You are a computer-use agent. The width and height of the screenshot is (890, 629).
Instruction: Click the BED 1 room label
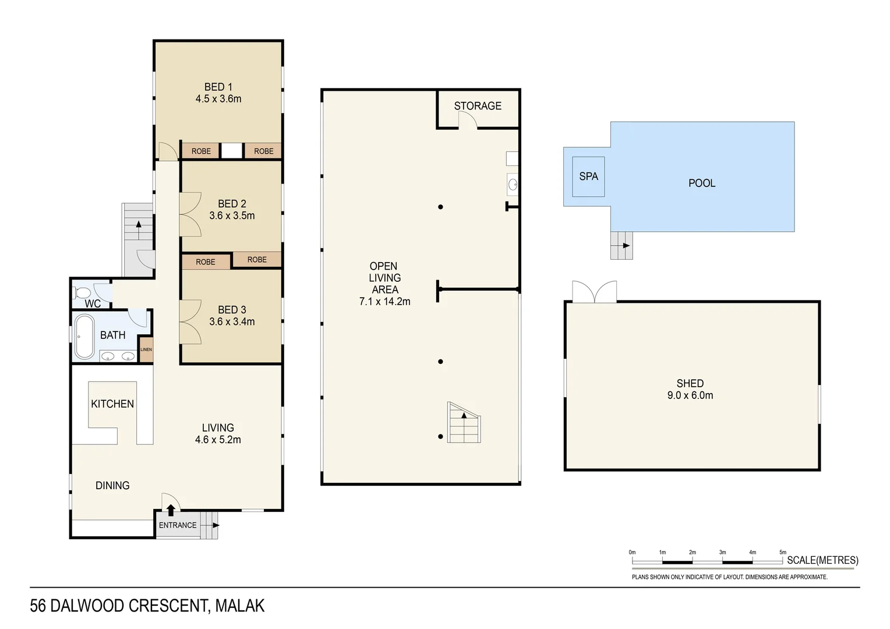218,87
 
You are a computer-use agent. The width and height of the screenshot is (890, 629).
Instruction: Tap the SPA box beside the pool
588,176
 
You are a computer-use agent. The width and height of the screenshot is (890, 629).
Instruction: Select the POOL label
701,183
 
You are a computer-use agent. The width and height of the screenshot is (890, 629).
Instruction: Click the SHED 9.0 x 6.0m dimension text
690,395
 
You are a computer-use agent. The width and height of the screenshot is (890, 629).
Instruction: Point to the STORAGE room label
478,106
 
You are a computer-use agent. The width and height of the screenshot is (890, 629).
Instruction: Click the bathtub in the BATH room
84,337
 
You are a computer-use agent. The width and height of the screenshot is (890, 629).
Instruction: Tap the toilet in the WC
81,292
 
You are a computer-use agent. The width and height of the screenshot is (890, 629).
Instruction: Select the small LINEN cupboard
146,349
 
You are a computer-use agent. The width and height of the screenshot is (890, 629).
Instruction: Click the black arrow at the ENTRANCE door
171,510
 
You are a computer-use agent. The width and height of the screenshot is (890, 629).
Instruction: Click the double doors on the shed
594,292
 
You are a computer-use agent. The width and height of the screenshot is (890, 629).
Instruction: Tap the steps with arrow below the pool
621,245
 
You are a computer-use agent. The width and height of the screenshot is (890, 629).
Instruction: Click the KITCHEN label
112,404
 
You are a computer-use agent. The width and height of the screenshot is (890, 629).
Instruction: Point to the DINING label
112,485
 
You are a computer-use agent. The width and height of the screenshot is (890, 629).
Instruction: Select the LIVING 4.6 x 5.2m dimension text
218,440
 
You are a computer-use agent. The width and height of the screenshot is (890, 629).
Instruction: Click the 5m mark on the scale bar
782,552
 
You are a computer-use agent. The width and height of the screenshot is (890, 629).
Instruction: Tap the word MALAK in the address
239,606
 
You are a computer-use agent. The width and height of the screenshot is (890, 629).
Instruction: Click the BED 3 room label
232,310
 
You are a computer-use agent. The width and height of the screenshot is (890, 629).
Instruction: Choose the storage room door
467,121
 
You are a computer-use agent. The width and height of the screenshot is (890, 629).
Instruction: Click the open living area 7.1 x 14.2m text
384,302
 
